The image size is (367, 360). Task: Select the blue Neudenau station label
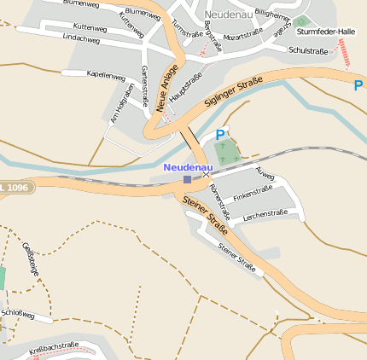click(x=187, y=166)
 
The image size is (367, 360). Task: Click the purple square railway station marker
click(x=188, y=179)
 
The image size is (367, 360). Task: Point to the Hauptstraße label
click(x=185, y=89)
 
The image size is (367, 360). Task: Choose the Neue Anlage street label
click(x=168, y=89)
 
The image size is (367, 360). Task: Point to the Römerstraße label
click(x=219, y=200)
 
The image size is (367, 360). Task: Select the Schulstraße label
click(x=308, y=51)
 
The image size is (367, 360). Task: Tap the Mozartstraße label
click(x=242, y=36)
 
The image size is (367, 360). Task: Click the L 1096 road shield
click(x=15, y=186)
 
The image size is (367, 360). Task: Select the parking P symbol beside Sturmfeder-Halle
click(x=358, y=85)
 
